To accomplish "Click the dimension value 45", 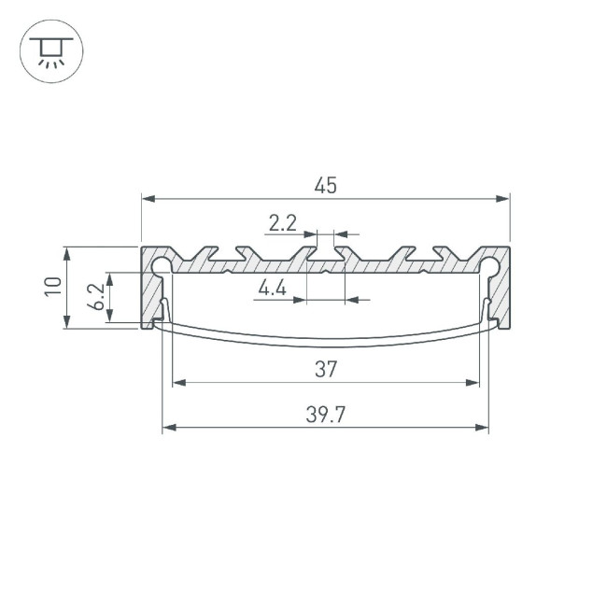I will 325,185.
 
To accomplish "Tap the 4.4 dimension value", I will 272,289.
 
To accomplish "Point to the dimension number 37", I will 325,370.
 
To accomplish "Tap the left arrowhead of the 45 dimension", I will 148,198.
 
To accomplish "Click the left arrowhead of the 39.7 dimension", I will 169,428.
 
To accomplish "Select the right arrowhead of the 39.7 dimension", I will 482,428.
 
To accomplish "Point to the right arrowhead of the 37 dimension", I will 473,382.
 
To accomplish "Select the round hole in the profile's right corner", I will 489,264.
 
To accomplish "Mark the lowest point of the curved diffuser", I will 325,346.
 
